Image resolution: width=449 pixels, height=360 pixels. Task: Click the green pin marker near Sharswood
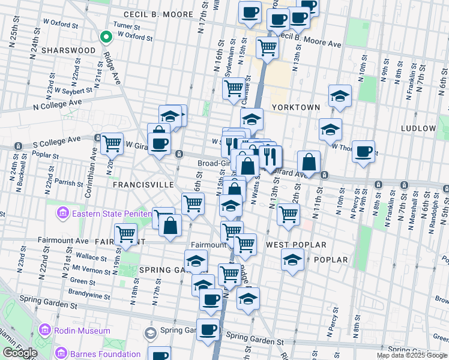(x=106, y=37)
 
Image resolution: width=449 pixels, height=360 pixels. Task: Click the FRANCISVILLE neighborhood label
(x=143, y=185)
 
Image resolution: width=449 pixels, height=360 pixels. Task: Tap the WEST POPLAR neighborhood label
(x=296, y=245)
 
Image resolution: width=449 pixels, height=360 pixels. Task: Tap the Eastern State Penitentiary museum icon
(x=62, y=213)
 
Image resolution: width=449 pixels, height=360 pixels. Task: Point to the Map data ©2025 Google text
(x=412, y=355)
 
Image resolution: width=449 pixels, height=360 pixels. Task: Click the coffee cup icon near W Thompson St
(x=363, y=151)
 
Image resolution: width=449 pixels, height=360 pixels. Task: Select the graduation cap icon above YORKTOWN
(x=340, y=96)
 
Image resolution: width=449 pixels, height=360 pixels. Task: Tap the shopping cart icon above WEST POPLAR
(x=289, y=214)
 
